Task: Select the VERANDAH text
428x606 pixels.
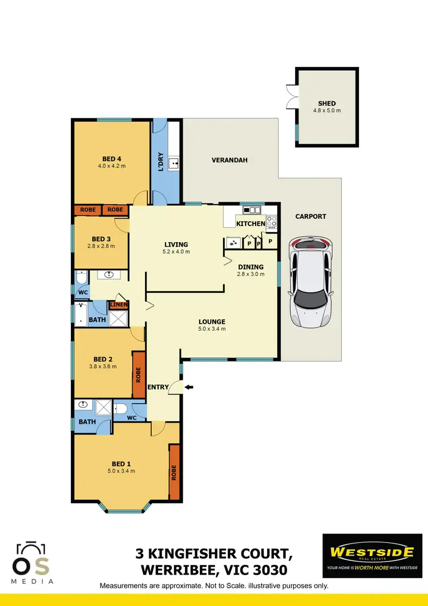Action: [229, 160]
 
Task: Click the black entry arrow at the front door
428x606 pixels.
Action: [189, 387]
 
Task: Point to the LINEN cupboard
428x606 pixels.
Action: [119, 304]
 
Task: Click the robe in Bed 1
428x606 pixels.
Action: [174, 472]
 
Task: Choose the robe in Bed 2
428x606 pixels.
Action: [138, 375]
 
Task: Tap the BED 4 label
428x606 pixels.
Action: [112, 159]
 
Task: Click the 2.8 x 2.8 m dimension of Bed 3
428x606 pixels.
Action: [100, 246]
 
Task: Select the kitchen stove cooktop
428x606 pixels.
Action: [272, 222]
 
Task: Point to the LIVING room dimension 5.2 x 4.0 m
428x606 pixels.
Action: [176, 251]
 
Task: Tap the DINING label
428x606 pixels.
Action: [251, 267]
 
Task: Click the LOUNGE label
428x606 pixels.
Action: [212, 322]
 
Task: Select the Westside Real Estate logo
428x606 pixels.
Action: [372, 555]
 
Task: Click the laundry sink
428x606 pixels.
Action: [175, 164]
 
